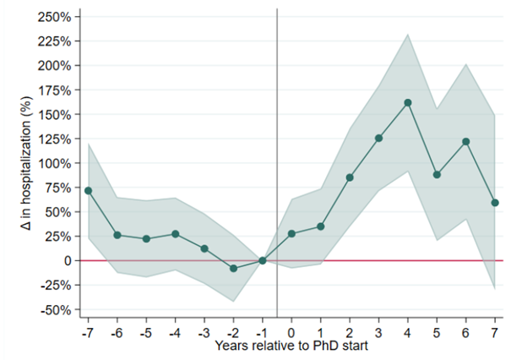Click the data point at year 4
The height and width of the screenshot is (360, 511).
click(408, 102)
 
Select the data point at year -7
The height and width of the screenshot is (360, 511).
click(88, 190)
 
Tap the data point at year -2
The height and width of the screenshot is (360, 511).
click(233, 268)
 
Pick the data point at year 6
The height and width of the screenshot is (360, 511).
click(465, 141)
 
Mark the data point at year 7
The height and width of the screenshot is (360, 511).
click(495, 203)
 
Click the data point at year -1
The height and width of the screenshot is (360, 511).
click(263, 260)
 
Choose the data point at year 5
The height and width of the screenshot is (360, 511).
click(437, 174)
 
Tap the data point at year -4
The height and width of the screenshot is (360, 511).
click(175, 233)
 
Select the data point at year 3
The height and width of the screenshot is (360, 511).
click(378, 138)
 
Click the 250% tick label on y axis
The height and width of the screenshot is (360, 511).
click(58, 16)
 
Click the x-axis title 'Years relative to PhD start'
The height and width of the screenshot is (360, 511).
click(291, 345)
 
